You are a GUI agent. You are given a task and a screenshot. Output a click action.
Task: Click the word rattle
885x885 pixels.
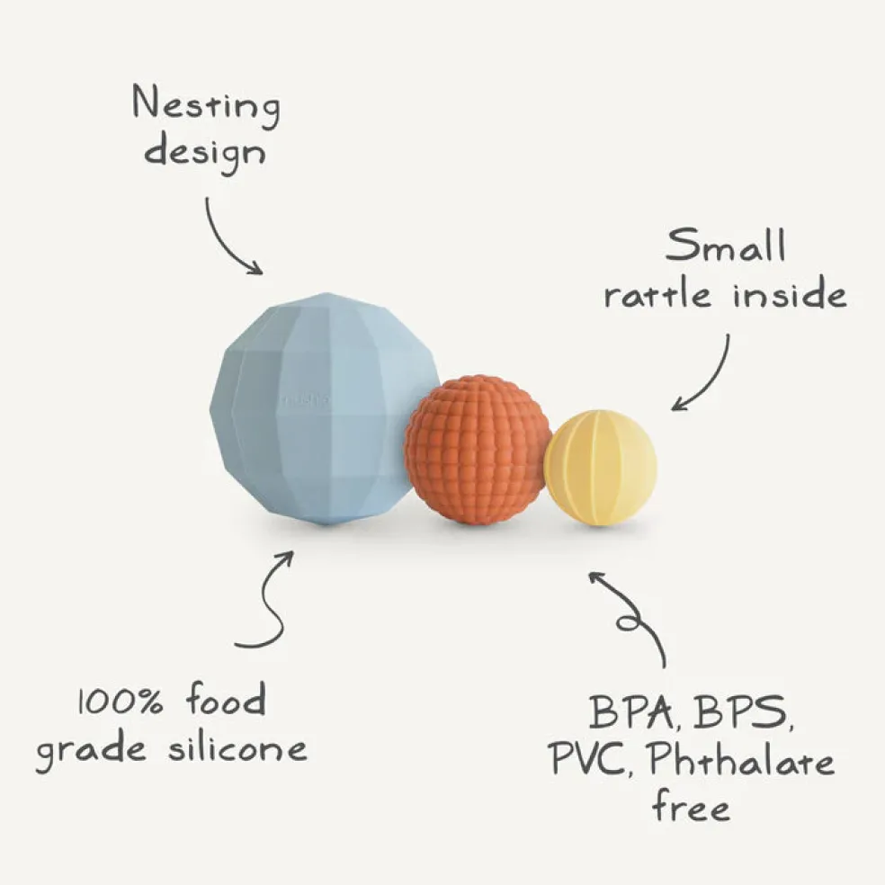tap(657, 295)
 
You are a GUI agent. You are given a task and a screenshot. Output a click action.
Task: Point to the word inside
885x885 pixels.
tap(791, 293)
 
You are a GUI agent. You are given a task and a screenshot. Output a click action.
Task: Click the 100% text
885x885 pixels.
tap(121, 702)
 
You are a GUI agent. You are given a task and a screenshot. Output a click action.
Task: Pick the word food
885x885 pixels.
tap(226, 699)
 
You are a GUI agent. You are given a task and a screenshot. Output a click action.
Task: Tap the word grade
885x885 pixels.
tap(92, 751)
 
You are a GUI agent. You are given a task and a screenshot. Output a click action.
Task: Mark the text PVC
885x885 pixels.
tap(590, 760)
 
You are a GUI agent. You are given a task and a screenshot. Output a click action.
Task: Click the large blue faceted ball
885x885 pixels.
tap(325, 408)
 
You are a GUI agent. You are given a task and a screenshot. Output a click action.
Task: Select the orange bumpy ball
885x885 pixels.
tap(478, 450)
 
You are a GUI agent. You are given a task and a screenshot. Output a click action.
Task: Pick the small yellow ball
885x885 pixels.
tap(601, 468)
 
